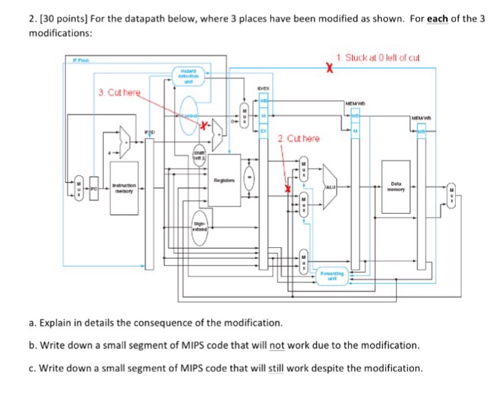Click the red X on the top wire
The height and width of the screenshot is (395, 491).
coord(328,68)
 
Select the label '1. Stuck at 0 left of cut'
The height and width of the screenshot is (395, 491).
coord(378,57)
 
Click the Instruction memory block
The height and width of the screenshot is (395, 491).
coord(124,188)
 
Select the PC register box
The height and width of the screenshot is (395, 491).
coord(92,188)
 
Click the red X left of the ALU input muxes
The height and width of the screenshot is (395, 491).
coord(286,188)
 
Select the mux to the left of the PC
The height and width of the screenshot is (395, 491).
coord(79,189)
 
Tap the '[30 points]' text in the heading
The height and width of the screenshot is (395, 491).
coord(48,19)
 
